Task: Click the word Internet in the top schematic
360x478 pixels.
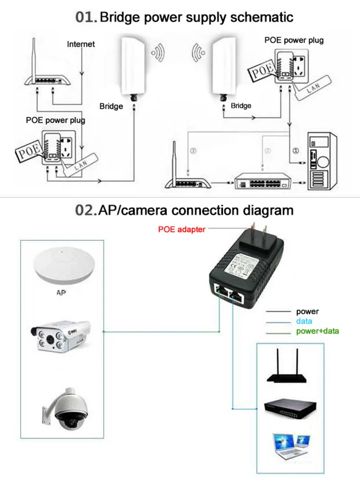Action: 81,44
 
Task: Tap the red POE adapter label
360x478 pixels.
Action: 182,229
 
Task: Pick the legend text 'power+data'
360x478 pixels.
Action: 317,332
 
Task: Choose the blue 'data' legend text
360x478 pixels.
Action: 304,322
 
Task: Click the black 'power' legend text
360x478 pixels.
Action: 307,311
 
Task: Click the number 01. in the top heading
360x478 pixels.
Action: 86,18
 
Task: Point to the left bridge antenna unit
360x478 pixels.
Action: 134,65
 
